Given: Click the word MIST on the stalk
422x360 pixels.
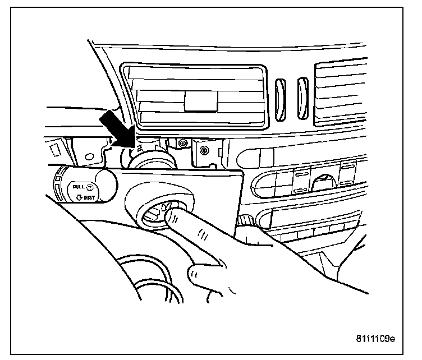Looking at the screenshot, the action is point(88,197).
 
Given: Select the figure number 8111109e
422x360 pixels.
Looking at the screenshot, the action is point(375,339).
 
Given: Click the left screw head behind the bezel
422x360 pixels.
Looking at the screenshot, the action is point(181,144).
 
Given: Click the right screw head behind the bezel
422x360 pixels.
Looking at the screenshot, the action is point(204,150).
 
